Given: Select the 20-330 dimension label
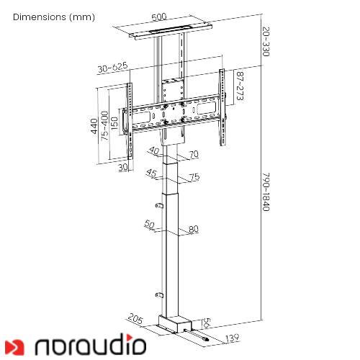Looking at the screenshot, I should click(266, 42).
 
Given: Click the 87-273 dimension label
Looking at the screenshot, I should click(240, 86).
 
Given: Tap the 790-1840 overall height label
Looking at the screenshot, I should click(266, 192).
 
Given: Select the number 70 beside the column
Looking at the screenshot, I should click(194, 154).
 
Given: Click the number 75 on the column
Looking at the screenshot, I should click(194, 177).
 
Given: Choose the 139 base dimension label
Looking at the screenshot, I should click(231, 338).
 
